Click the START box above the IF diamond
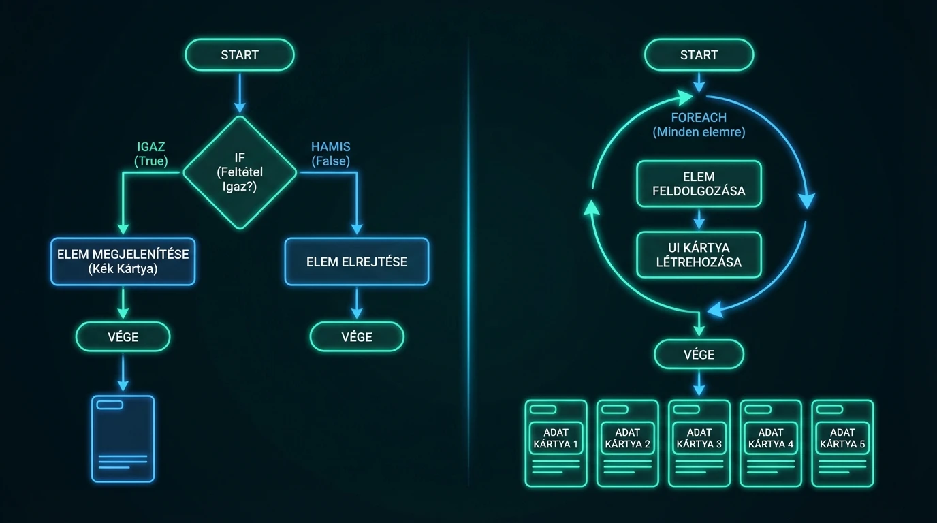[240, 55]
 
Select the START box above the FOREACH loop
[699, 55]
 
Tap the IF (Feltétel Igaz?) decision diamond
[240, 172]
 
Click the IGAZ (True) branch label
[151, 154]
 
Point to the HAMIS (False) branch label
[330, 154]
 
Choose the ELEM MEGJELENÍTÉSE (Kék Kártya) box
[123, 261]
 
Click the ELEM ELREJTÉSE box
[357, 261]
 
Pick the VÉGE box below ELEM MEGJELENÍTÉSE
[123, 336]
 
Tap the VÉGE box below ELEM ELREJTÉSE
[357, 336]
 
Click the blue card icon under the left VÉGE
[123, 439]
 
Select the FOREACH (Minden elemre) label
[699, 125]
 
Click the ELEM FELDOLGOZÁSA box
[699, 184]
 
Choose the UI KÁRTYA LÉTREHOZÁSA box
[699, 255]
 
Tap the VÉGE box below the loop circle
[699, 355]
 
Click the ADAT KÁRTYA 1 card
[556, 443]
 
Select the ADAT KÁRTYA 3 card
[699, 443]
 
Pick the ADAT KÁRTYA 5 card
[842, 443]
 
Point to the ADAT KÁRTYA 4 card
[771, 443]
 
